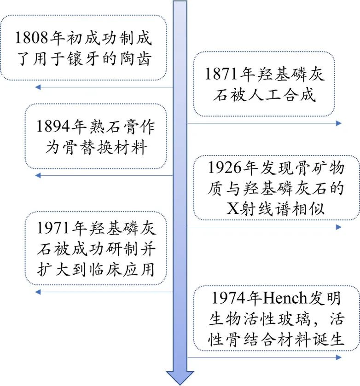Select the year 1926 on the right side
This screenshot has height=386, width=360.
225,167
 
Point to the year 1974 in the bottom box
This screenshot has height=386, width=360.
228,298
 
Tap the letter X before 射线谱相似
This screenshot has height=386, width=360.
232,209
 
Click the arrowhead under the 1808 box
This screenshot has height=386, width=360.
38,87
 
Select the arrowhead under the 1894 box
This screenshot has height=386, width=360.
38,175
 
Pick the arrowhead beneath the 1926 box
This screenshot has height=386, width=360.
338,227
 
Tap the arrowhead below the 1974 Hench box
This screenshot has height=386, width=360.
338,357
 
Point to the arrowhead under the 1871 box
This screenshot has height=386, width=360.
338,123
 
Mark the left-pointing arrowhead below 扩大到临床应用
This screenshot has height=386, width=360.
38,292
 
